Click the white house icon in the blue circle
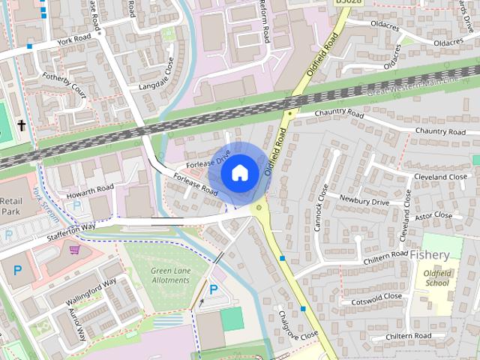pos(239,173)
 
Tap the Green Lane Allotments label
pos(170,275)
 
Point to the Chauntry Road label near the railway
pos(339,113)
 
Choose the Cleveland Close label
pos(441,177)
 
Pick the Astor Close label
pos(434,215)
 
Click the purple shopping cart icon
pos(74,249)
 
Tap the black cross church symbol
pos(22,125)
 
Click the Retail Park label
pos(11,206)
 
